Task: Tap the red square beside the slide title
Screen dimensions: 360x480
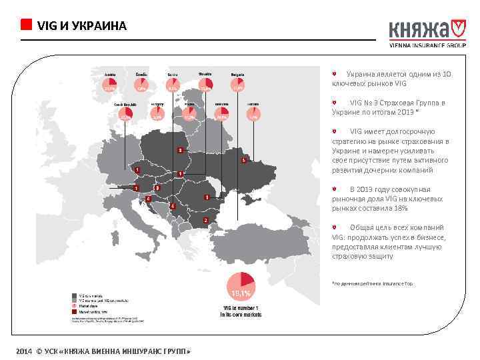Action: click(x=26, y=25)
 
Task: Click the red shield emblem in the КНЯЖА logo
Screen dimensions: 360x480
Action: click(x=457, y=29)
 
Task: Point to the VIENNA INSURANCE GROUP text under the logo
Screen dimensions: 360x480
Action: click(x=427, y=46)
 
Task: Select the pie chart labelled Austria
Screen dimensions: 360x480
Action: click(x=109, y=85)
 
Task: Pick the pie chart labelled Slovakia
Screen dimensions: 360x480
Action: click(x=206, y=85)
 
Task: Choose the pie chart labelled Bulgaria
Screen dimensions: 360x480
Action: click(x=238, y=85)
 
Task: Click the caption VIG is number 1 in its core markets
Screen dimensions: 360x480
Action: click(x=240, y=312)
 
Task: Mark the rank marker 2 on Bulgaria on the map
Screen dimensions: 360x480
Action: click(x=206, y=219)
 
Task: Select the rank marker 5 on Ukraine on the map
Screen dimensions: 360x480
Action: click(x=244, y=160)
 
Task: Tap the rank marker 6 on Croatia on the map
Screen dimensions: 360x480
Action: click(x=148, y=199)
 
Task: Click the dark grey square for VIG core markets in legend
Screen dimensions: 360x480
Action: click(x=74, y=294)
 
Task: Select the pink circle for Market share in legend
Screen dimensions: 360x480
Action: click(x=74, y=306)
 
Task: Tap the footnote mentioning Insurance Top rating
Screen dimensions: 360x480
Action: click(x=373, y=283)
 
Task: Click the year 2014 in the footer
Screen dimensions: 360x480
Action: click(x=25, y=351)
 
